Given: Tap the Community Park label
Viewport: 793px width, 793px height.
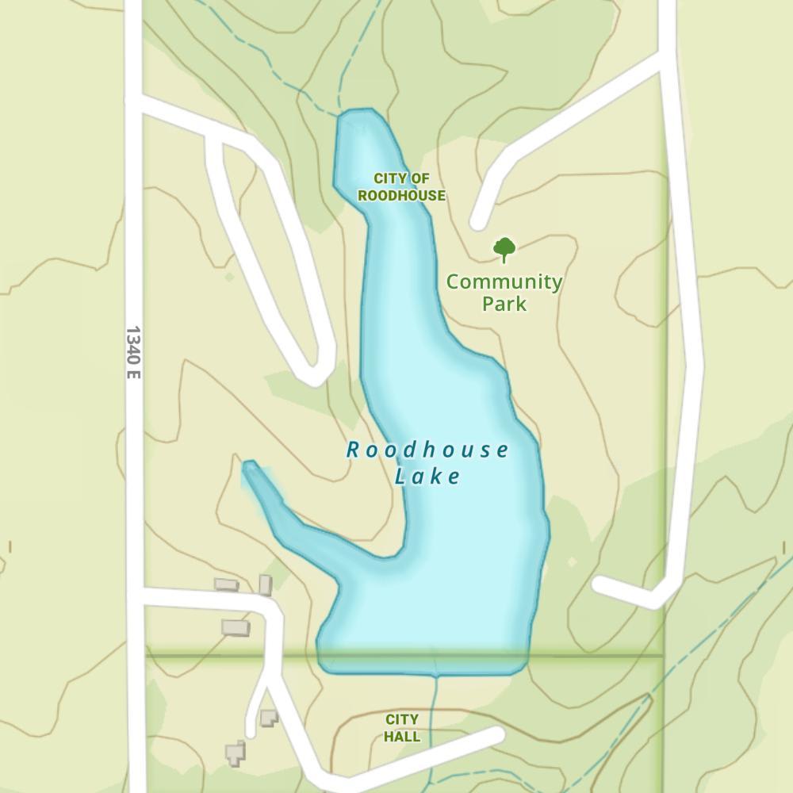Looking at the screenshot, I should (504, 292).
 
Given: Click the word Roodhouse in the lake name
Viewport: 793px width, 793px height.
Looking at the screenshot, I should (427, 450).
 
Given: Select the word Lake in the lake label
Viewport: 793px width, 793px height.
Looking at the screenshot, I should (427, 477).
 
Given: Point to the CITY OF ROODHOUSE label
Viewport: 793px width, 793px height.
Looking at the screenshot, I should (401, 187).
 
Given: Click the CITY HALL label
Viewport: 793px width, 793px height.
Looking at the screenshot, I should (402, 727).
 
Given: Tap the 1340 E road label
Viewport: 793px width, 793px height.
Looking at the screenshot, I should (132, 351).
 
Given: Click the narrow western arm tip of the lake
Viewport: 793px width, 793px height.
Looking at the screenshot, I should (250, 467).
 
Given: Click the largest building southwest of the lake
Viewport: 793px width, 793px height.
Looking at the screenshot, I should (236, 627).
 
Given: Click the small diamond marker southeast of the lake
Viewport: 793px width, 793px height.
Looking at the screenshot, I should (573, 561).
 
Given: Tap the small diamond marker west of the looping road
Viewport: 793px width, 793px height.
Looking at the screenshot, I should (229, 277).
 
